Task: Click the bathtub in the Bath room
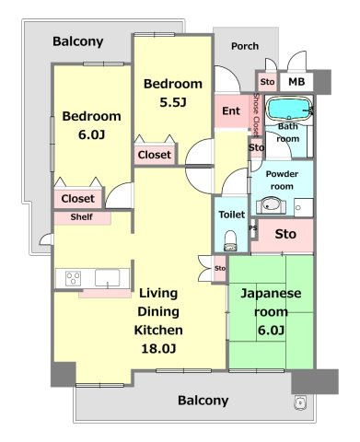289,109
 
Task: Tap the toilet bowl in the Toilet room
231,240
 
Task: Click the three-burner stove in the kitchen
74,278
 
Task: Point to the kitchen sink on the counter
108,278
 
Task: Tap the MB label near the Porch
296,82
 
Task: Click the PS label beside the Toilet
253,228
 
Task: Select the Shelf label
81,217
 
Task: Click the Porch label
245,46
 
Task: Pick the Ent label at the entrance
231,110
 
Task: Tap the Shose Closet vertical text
256,114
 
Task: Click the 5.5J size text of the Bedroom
173,102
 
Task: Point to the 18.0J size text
158,348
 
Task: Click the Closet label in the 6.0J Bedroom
77,199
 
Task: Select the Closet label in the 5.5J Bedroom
155,155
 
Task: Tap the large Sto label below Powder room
285,234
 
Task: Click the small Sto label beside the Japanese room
220,268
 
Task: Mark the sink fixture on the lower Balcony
300,402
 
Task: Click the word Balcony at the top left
78,41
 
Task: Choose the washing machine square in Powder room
304,207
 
